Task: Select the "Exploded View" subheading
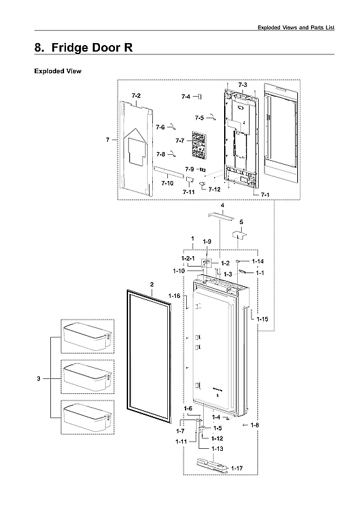[x=57, y=71]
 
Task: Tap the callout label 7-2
[x=135, y=96]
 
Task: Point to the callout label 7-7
[x=179, y=141]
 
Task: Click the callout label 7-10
[x=167, y=183]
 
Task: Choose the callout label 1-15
[x=262, y=318]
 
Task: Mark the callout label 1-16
[x=174, y=296]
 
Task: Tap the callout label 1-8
[x=254, y=425]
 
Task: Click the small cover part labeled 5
[x=240, y=233]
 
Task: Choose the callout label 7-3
[x=242, y=86]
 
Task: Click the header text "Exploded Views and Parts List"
[x=295, y=27]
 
